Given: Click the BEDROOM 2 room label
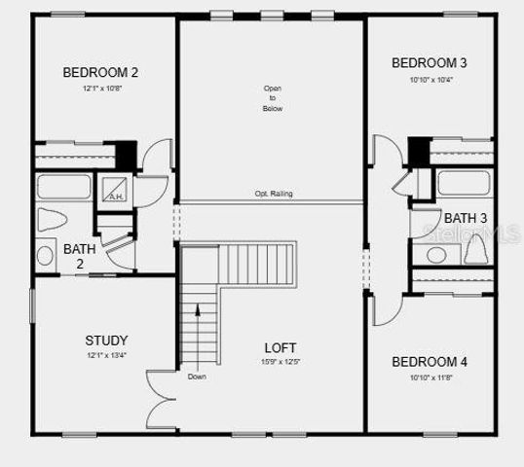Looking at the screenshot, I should pyautogui.click(x=100, y=72).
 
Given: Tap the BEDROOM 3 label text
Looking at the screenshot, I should pyautogui.click(x=429, y=63).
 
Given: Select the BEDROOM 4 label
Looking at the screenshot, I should pyautogui.click(x=429, y=362).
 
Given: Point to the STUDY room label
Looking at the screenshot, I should pyautogui.click(x=106, y=341).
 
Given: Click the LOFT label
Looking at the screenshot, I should pyautogui.click(x=281, y=347).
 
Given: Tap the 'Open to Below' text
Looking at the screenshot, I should pyautogui.click(x=272, y=98).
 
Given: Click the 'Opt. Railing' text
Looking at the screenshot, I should pyautogui.click(x=273, y=194).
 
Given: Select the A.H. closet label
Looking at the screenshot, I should pyautogui.click(x=116, y=197).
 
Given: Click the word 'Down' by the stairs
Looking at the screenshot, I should pyautogui.click(x=197, y=377).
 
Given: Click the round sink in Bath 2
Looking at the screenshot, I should pyautogui.click(x=45, y=256).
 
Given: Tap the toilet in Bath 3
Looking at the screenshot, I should pyautogui.click(x=475, y=250).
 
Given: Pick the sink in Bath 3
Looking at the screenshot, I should pyautogui.click(x=436, y=254).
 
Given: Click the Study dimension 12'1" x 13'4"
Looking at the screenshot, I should pyautogui.click(x=106, y=355).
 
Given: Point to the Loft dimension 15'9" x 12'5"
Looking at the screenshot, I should pyautogui.click(x=281, y=362).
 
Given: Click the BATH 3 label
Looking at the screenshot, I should pyautogui.click(x=466, y=218).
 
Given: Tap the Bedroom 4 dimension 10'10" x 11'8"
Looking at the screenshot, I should pyautogui.click(x=429, y=377).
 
